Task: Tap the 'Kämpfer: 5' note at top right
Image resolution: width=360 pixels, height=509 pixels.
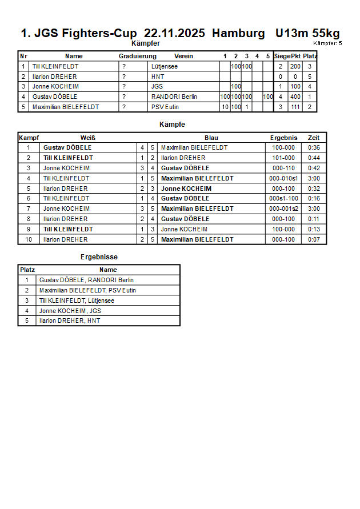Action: (x=327, y=43)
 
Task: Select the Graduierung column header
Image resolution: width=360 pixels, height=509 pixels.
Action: (x=137, y=56)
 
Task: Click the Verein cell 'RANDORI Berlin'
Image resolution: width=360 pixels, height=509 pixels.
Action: (x=174, y=97)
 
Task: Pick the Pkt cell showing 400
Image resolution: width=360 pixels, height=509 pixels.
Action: (x=295, y=97)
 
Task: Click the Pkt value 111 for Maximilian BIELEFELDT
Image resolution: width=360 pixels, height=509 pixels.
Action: (x=295, y=107)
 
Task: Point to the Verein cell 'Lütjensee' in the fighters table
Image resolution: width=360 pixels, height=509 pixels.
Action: (x=164, y=66)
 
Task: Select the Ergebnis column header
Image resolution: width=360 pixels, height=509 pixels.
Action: (x=283, y=138)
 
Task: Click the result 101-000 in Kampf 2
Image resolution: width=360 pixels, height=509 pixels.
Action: (x=283, y=158)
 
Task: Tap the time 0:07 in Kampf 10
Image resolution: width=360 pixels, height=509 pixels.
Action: (x=314, y=239)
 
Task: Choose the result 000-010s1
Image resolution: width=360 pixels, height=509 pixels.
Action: (x=283, y=178)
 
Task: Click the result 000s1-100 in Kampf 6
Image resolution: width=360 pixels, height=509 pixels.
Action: (x=283, y=198)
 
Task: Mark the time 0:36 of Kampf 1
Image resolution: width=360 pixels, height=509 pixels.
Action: (x=314, y=147)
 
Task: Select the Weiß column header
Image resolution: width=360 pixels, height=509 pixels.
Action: (x=87, y=138)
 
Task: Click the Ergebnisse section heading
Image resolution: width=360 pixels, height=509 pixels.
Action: (x=99, y=257)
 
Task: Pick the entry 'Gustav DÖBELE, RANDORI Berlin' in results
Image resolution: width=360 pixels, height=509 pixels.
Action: (x=86, y=280)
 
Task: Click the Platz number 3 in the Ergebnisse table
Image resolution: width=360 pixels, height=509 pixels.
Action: (x=27, y=300)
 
